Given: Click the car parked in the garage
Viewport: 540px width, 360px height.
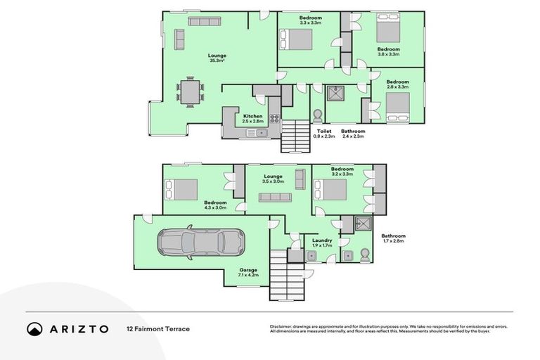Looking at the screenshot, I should coord(200,241).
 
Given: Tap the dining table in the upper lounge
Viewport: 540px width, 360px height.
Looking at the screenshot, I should coord(190,92).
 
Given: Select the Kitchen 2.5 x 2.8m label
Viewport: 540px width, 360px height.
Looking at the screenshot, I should coord(252,119).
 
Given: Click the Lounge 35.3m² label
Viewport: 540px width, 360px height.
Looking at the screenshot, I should coord(217,58).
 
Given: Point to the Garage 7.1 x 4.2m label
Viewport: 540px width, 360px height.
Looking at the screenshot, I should coord(249,271).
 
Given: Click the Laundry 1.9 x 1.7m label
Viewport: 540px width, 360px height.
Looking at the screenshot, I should coord(321,243).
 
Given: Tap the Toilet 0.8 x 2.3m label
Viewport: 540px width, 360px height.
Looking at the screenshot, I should coord(324,134).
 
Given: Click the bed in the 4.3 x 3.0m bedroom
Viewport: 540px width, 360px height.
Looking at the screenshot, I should coord(181,189).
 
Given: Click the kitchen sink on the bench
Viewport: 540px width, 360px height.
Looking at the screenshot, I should coord(259,131).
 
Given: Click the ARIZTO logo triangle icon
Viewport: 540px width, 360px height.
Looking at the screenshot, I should coord(34,328).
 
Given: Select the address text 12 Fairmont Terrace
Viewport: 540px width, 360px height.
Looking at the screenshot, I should coord(157,328).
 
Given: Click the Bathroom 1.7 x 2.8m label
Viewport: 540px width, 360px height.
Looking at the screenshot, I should coord(393,238).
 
